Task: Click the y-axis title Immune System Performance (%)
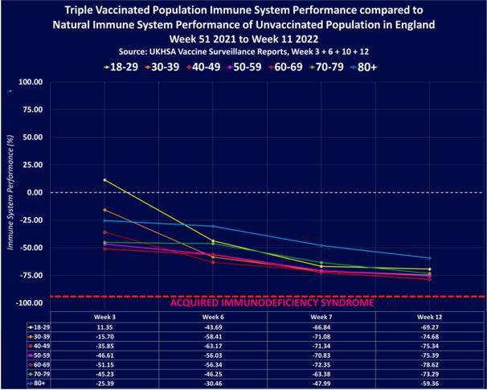click(x=11, y=192)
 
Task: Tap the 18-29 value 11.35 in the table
click(x=104, y=328)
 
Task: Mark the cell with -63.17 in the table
click(x=213, y=346)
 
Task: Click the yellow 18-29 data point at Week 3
click(x=104, y=180)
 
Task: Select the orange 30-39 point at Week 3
click(x=104, y=210)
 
